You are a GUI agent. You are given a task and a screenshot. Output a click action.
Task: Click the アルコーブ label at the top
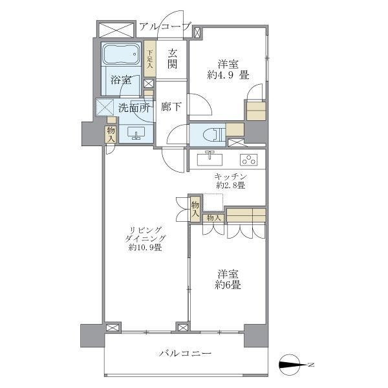point(166,27)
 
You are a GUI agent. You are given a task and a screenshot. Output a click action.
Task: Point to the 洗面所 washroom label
point(134,107)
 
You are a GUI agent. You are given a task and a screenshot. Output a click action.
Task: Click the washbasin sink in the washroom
point(136,133)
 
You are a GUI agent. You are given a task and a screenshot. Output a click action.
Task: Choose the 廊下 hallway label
point(170,107)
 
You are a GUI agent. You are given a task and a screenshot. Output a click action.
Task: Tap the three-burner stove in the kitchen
point(248,158)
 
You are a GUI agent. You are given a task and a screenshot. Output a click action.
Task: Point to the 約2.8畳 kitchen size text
point(231,186)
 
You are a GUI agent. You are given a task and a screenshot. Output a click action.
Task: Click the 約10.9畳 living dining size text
point(145,247)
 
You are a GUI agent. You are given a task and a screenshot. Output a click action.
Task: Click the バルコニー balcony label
point(185,353)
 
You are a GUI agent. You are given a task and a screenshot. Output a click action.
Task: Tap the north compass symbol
point(292,365)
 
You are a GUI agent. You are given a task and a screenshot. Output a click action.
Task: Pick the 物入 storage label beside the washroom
point(111,134)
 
